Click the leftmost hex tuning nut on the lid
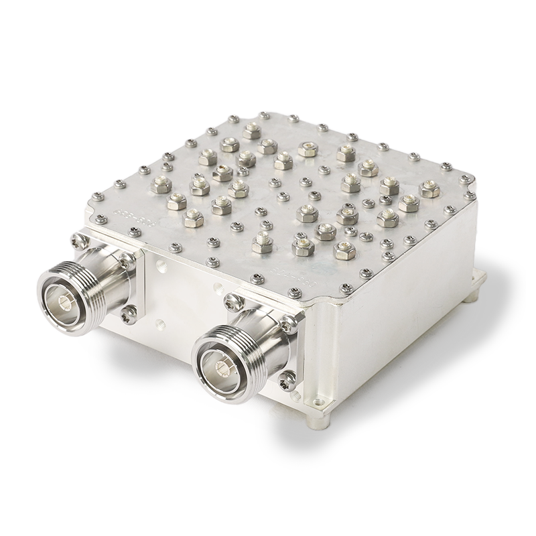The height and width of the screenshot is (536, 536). [162, 182]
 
